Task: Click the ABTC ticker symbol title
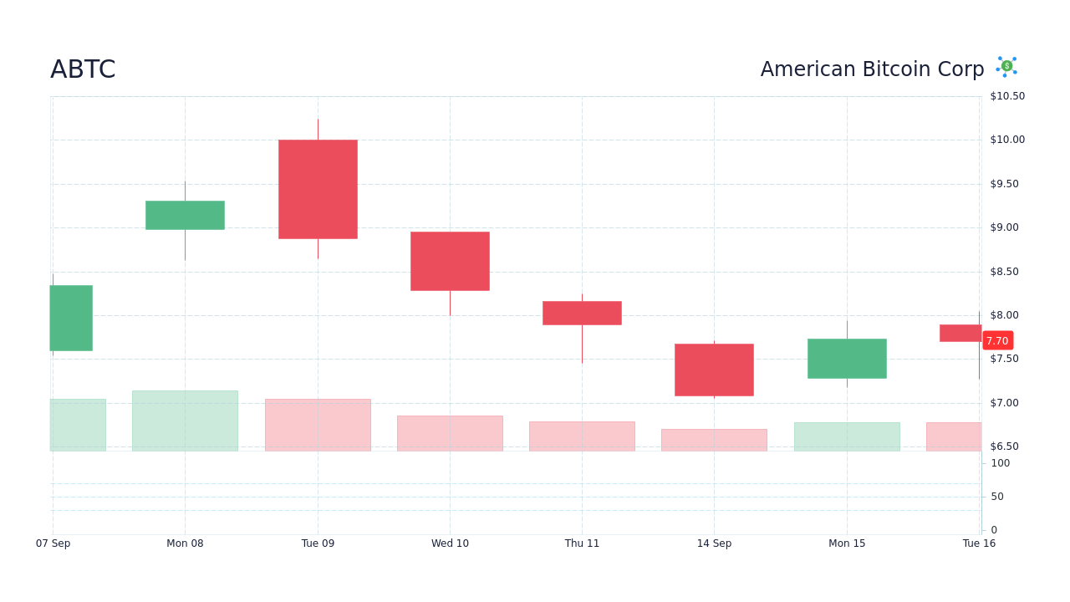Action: pyautogui.click(x=83, y=69)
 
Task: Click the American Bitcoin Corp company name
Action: pyautogui.click(x=872, y=69)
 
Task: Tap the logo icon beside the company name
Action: pyautogui.click(x=1006, y=67)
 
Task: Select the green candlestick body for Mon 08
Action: pyautogui.click(x=185, y=215)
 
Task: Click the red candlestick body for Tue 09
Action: pyautogui.click(x=318, y=189)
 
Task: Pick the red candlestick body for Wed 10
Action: pyautogui.click(x=450, y=261)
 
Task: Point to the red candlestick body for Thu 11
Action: pyautogui.click(x=582, y=313)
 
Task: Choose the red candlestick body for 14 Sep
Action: pyautogui.click(x=714, y=370)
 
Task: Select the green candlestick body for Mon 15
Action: pyautogui.click(x=847, y=359)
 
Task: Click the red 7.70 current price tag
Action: pyautogui.click(x=997, y=341)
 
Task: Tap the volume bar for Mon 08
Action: pyautogui.click(x=185, y=421)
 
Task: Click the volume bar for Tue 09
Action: pyautogui.click(x=318, y=425)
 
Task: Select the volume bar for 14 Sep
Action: pyautogui.click(x=714, y=440)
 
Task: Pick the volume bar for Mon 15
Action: pyautogui.click(x=847, y=436)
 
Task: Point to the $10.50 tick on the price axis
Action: pyautogui.click(x=1007, y=96)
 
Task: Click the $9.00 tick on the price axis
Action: pyautogui.click(x=1004, y=227)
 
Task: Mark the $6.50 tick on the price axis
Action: pyautogui.click(x=1004, y=446)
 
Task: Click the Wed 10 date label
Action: pyautogui.click(x=450, y=543)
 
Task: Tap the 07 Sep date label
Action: pyautogui.click(x=53, y=543)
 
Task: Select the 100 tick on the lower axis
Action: pyautogui.click(x=1000, y=463)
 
